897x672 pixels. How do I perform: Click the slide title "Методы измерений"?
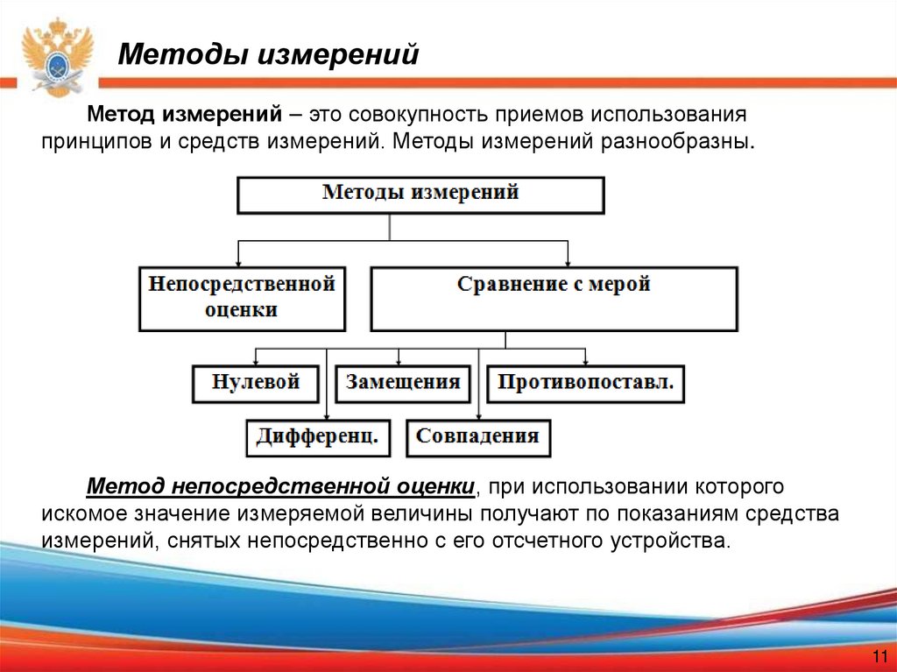(269, 54)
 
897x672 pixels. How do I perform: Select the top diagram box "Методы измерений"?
(420, 195)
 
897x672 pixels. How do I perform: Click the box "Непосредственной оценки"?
(242, 298)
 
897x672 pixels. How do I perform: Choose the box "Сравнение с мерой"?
(554, 298)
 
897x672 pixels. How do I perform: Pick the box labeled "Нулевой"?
(256, 383)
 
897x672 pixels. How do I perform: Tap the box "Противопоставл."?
(585, 383)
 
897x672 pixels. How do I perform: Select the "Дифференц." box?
(317, 436)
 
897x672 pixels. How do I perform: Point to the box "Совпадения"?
(477, 436)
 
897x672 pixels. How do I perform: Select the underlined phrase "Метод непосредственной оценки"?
(280, 485)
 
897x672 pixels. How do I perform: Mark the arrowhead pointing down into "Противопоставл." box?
(586, 361)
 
